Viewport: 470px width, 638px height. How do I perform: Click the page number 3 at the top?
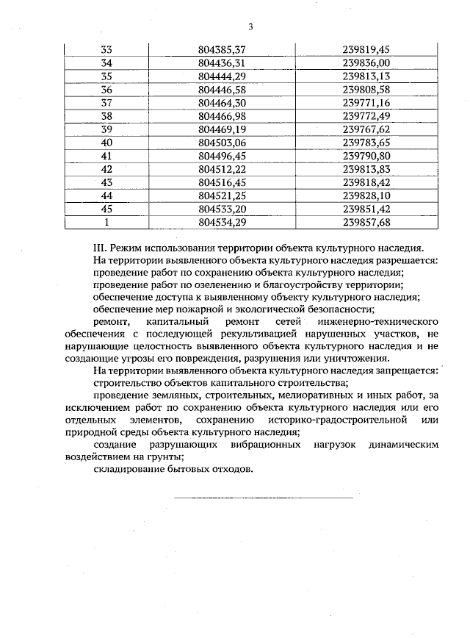[x=250, y=27]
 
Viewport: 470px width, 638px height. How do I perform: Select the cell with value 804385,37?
[x=221, y=49]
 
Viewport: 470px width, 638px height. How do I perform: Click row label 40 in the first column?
[x=106, y=142]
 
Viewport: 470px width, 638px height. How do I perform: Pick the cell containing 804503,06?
[x=221, y=142]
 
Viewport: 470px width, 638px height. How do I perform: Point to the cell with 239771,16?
[x=369, y=102]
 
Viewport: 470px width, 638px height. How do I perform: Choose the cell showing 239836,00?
[x=369, y=62]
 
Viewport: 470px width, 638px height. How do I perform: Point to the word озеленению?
[x=199, y=284]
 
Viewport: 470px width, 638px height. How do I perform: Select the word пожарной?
[x=194, y=309]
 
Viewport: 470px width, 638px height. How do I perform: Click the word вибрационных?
[x=264, y=446]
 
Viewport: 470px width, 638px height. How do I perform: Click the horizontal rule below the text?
[x=263, y=498]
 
